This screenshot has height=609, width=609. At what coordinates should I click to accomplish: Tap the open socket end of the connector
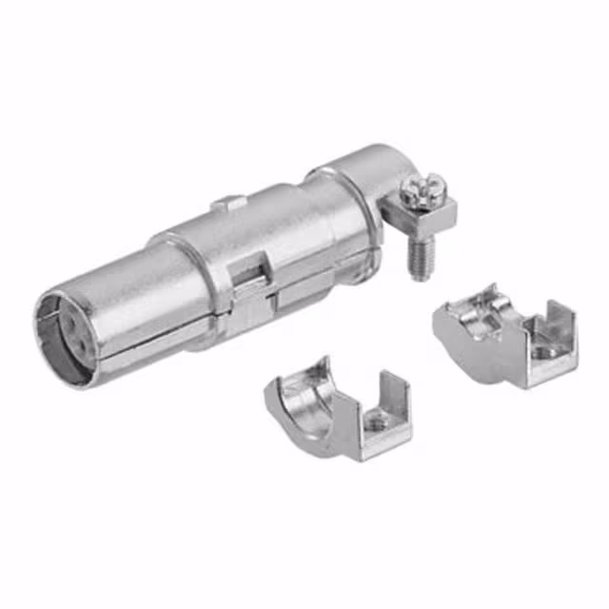pyautogui.click(x=69, y=341)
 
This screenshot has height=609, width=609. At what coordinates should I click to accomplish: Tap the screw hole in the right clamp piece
pyautogui.click(x=544, y=352)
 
